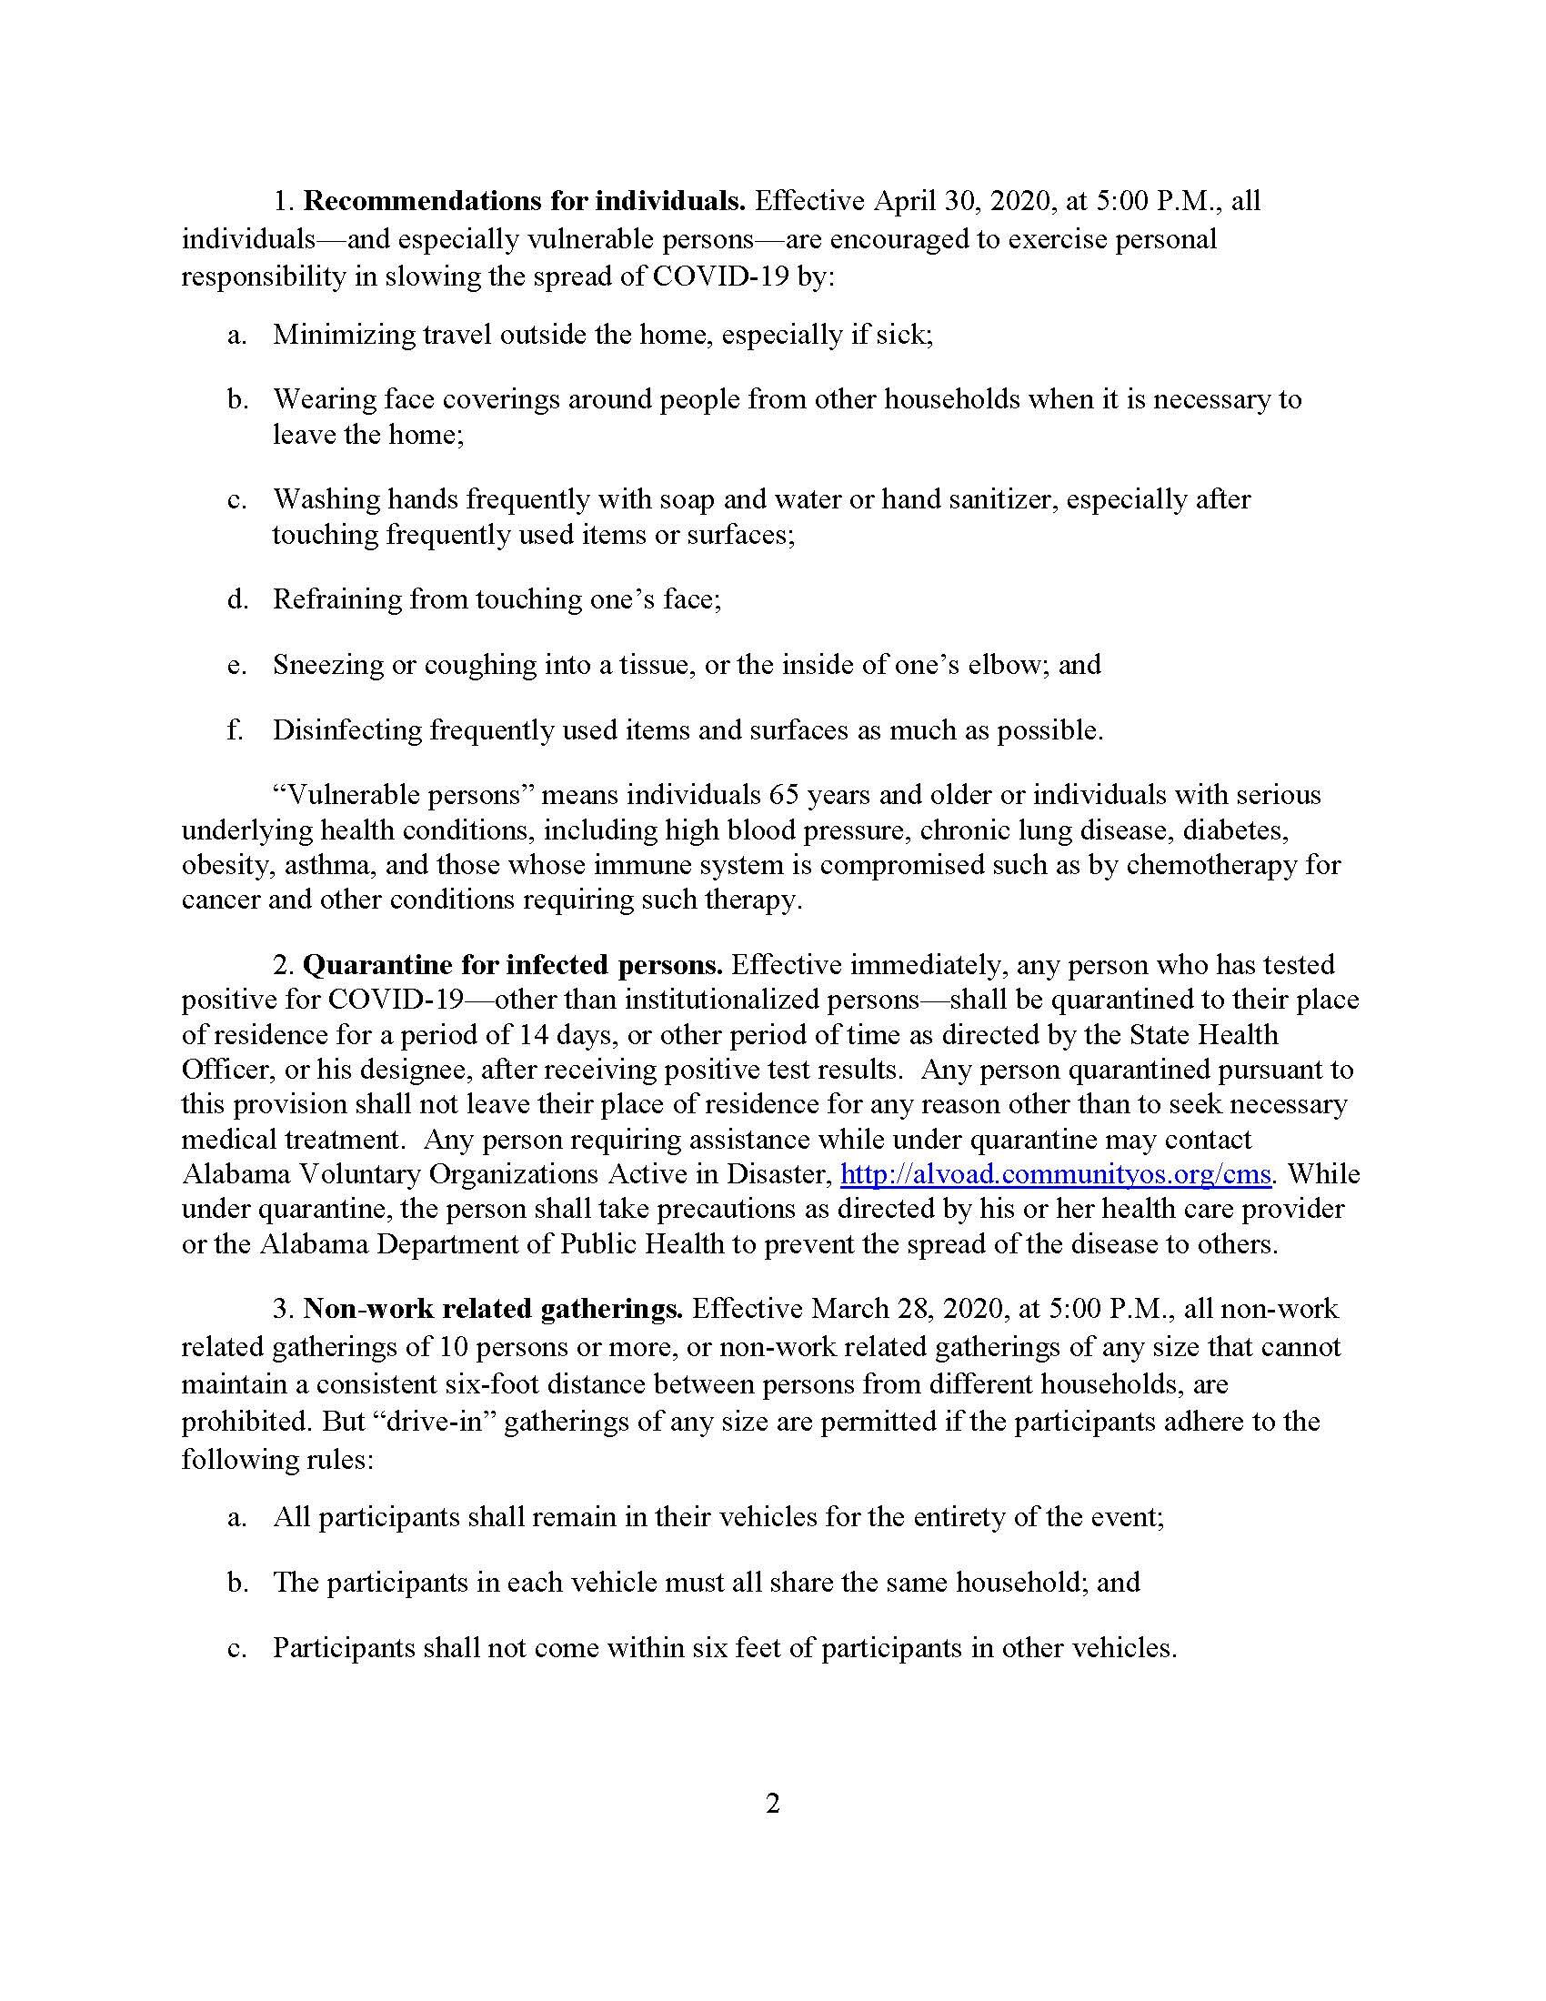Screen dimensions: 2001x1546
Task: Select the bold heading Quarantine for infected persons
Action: (513, 964)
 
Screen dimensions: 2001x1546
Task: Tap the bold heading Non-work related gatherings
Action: (494, 1308)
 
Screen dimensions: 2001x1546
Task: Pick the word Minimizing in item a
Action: (343, 335)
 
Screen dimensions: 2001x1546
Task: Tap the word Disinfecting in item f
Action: (347, 730)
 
